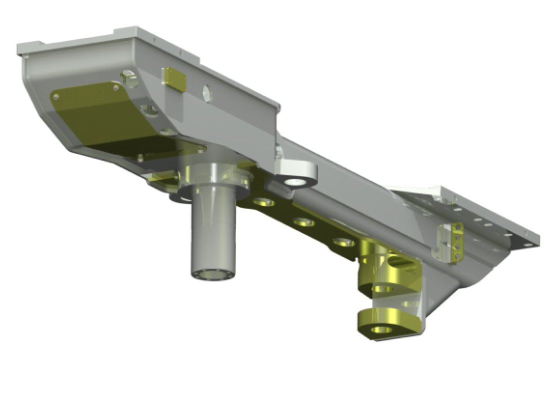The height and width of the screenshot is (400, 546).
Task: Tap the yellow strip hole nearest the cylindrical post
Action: click(x=261, y=203)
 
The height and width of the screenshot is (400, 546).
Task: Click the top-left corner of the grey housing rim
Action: click(x=18, y=47)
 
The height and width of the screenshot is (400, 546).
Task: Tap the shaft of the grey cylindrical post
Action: click(x=212, y=235)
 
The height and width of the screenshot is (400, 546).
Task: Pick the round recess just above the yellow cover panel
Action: click(x=129, y=79)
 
